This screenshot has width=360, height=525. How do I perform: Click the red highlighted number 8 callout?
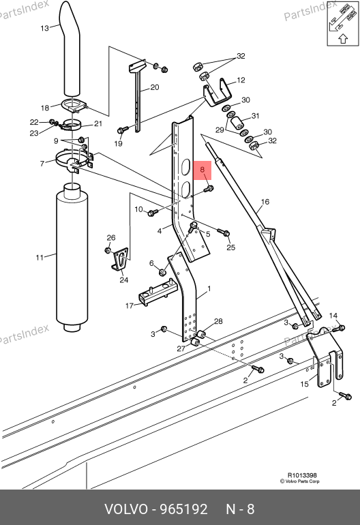(x=202, y=170)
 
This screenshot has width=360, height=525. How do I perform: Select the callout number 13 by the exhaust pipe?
(x=44, y=29)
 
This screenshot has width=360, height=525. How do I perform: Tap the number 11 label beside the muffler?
(x=40, y=258)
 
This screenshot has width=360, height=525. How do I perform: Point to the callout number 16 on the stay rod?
(x=265, y=202)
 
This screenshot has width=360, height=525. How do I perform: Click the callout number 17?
(x=130, y=305)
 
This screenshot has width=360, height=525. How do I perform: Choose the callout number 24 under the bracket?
(x=124, y=280)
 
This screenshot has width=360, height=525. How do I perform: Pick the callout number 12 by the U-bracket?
(x=241, y=80)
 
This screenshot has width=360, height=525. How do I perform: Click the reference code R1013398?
(x=302, y=475)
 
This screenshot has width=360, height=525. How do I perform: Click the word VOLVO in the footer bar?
(x=126, y=509)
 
